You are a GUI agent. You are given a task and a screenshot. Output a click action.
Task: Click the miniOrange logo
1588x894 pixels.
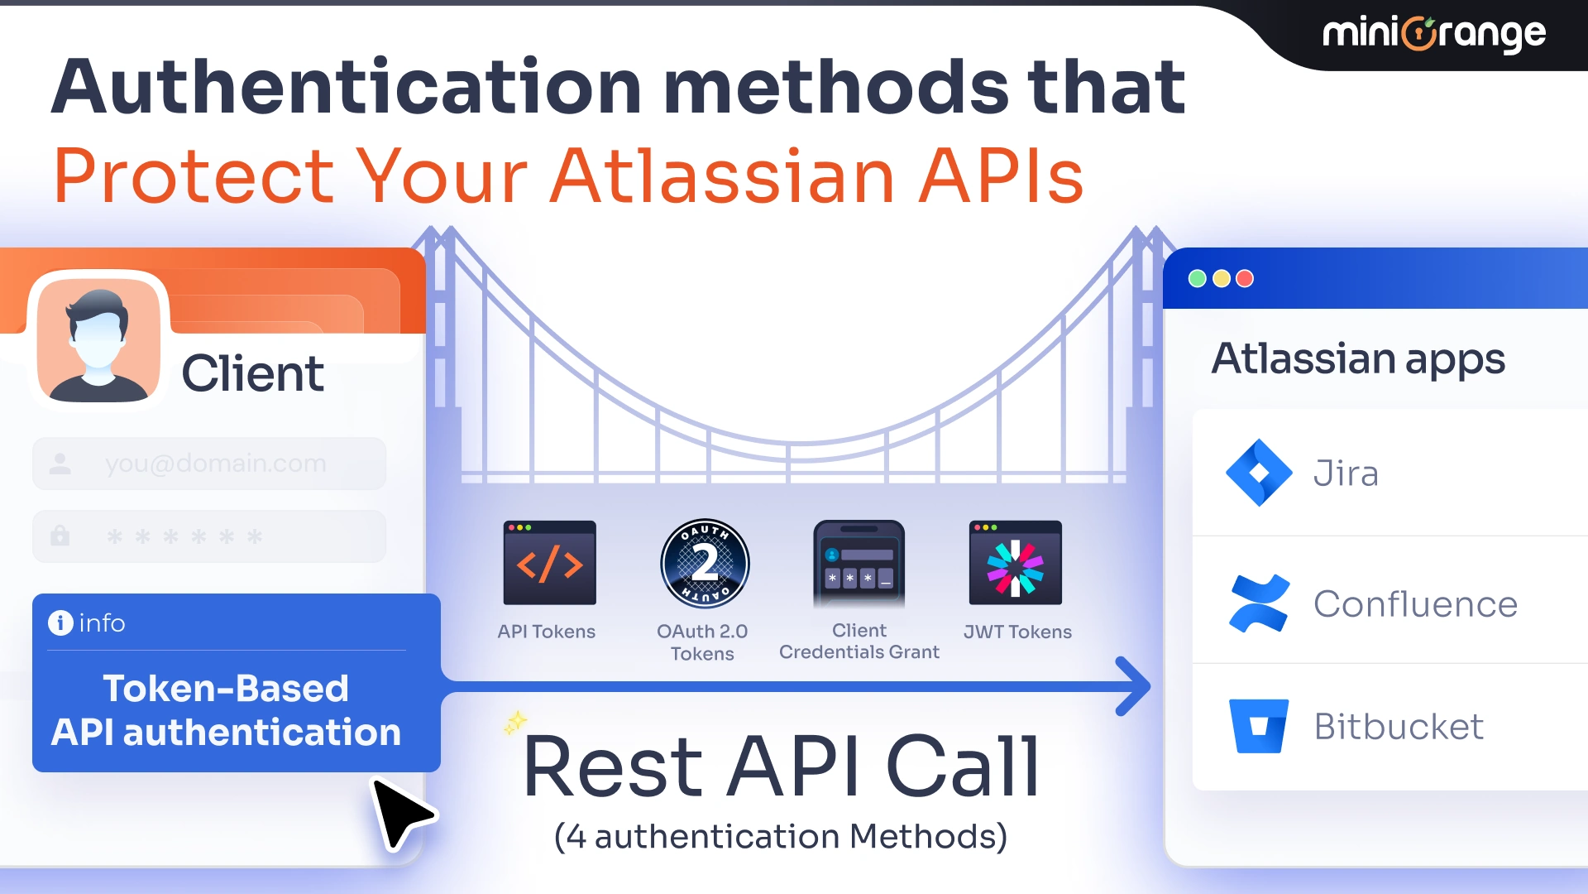(x=1433, y=34)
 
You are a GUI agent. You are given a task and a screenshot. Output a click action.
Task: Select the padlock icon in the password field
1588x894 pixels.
(x=60, y=536)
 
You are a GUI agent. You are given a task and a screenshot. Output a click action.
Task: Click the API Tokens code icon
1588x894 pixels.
(x=549, y=563)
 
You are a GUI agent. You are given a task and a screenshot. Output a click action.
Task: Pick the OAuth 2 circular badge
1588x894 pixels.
(x=705, y=564)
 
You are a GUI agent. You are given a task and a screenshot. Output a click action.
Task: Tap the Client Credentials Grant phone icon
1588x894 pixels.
(x=859, y=564)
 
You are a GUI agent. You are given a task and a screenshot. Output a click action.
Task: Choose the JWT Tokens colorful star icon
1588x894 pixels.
(x=1015, y=564)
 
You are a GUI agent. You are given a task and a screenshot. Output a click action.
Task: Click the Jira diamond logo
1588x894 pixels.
(x=1258, y=473)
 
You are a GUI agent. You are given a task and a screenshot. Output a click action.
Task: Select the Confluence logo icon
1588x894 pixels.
(x=1258, y=603)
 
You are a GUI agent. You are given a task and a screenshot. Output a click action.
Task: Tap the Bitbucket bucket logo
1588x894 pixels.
(x=1258, y=726)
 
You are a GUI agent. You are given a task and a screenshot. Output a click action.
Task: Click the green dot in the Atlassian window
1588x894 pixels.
(x=1197, y=279)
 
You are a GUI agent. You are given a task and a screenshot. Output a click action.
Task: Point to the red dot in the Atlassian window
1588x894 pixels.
(x=1245, y=279)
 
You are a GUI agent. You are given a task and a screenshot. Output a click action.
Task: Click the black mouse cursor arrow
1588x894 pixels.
(x=399, y=812)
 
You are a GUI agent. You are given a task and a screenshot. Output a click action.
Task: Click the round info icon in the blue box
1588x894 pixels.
(x=60, y=622)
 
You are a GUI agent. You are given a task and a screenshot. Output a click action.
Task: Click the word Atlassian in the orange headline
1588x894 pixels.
(x=723, y=175)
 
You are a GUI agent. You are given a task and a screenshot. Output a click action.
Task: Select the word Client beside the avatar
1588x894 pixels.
(x=252, y=373)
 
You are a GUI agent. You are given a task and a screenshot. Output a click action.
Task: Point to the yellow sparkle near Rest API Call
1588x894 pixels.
(x=515, y=723)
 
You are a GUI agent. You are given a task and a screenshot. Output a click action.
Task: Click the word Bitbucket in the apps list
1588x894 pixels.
(x=1399, y=727)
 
